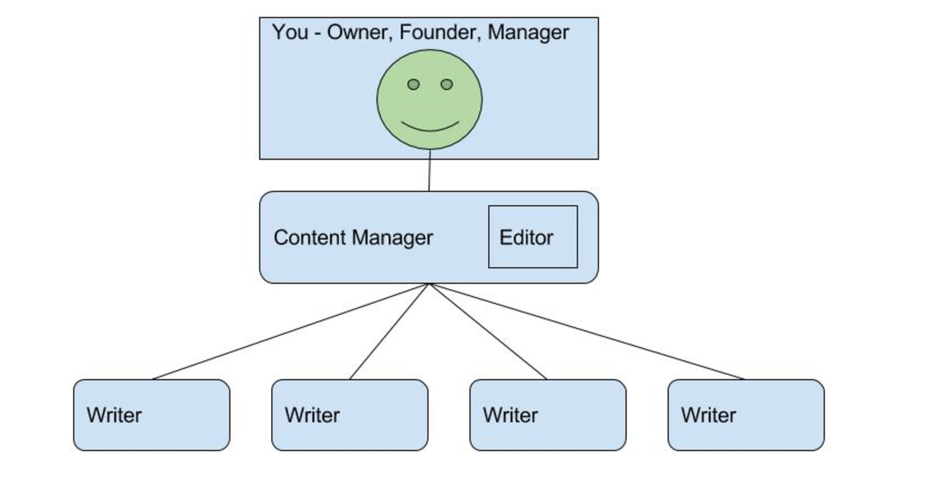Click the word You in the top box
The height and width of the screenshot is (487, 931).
290,33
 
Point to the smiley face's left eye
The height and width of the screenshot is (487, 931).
414,84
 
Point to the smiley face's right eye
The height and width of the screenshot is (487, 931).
446,84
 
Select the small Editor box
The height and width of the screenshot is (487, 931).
533,237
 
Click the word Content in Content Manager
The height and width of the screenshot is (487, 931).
310,237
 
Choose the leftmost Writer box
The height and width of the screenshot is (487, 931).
152,415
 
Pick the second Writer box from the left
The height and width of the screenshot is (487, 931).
350,415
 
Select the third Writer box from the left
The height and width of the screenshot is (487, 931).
548,415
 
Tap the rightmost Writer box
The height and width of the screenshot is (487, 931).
746,415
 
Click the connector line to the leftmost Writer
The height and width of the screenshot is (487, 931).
291,332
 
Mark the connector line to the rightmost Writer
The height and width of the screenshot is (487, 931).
587,332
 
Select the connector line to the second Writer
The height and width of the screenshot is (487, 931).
390,332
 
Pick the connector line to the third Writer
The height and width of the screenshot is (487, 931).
488,332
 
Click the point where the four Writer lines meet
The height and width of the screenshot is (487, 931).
429,284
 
